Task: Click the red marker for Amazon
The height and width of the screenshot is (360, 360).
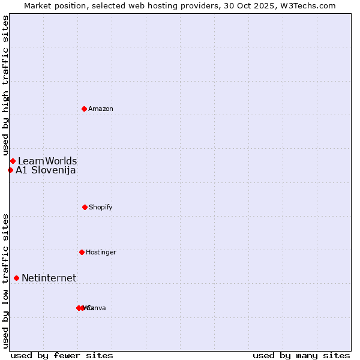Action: (x=84, y=109)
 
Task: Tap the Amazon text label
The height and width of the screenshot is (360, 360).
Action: (x=101, y=109)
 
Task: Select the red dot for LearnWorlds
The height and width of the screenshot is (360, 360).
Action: (x=13, y=161)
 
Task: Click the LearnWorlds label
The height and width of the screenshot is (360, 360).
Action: (x=47, y=161)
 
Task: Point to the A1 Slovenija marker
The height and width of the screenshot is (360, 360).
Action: (x=10, y=170)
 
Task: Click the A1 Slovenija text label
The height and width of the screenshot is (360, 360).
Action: (x=46, y=170)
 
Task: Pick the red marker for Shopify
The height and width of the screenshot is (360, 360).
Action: (x=85, y=207)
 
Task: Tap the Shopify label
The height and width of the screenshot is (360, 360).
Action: (x=101, y=207)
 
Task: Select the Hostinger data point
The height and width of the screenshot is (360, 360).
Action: (x=82, y=252)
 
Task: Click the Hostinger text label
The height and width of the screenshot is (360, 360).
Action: (x=101, y=252)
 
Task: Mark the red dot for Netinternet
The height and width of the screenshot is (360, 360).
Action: (x=16, y=278)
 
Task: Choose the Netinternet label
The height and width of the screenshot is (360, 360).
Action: (x=49, y=278)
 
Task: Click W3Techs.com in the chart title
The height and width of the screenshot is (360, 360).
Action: (x=311, y=5)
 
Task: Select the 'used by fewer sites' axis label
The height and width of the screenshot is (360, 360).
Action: (x=62, y=355)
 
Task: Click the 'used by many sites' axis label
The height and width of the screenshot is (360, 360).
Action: (x=301, y=355)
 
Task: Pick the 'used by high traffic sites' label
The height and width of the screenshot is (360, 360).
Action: (x=5, y=86)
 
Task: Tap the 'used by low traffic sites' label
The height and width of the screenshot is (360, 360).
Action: (x=5, y=280)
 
